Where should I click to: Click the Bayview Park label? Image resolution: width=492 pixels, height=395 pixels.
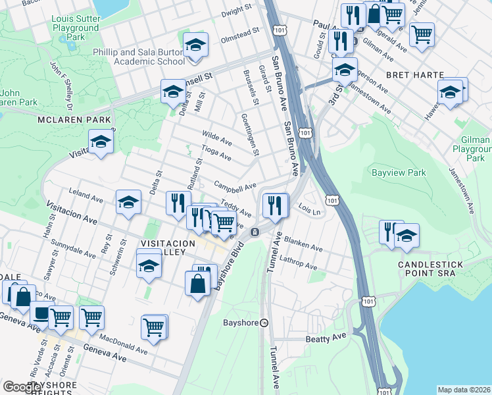399,173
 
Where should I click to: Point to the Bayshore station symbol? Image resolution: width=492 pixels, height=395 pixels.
264,323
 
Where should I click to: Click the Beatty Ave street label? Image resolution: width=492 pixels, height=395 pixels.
326,337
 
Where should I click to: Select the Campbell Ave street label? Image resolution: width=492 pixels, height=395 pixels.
235,186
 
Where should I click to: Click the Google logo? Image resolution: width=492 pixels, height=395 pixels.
21,386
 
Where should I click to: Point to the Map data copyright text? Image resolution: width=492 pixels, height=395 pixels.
464,389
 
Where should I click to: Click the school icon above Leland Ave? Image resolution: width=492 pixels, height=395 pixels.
129,202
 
